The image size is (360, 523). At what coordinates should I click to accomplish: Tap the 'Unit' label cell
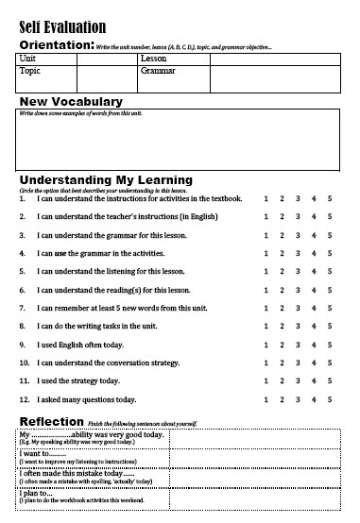click(x=27, y=58)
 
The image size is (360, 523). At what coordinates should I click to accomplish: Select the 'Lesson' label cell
click(x=153, y=58)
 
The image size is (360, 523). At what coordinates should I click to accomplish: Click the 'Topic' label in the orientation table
click(x=31, y=70)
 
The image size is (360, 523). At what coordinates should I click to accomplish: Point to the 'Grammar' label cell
click(x=158, y=70)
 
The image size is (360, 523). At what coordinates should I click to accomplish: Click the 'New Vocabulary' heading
click(x=84, y=101)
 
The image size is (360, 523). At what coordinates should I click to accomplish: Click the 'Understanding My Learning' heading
click(x=106, y=178)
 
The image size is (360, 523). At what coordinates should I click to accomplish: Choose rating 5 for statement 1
click(x=330, y=198)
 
